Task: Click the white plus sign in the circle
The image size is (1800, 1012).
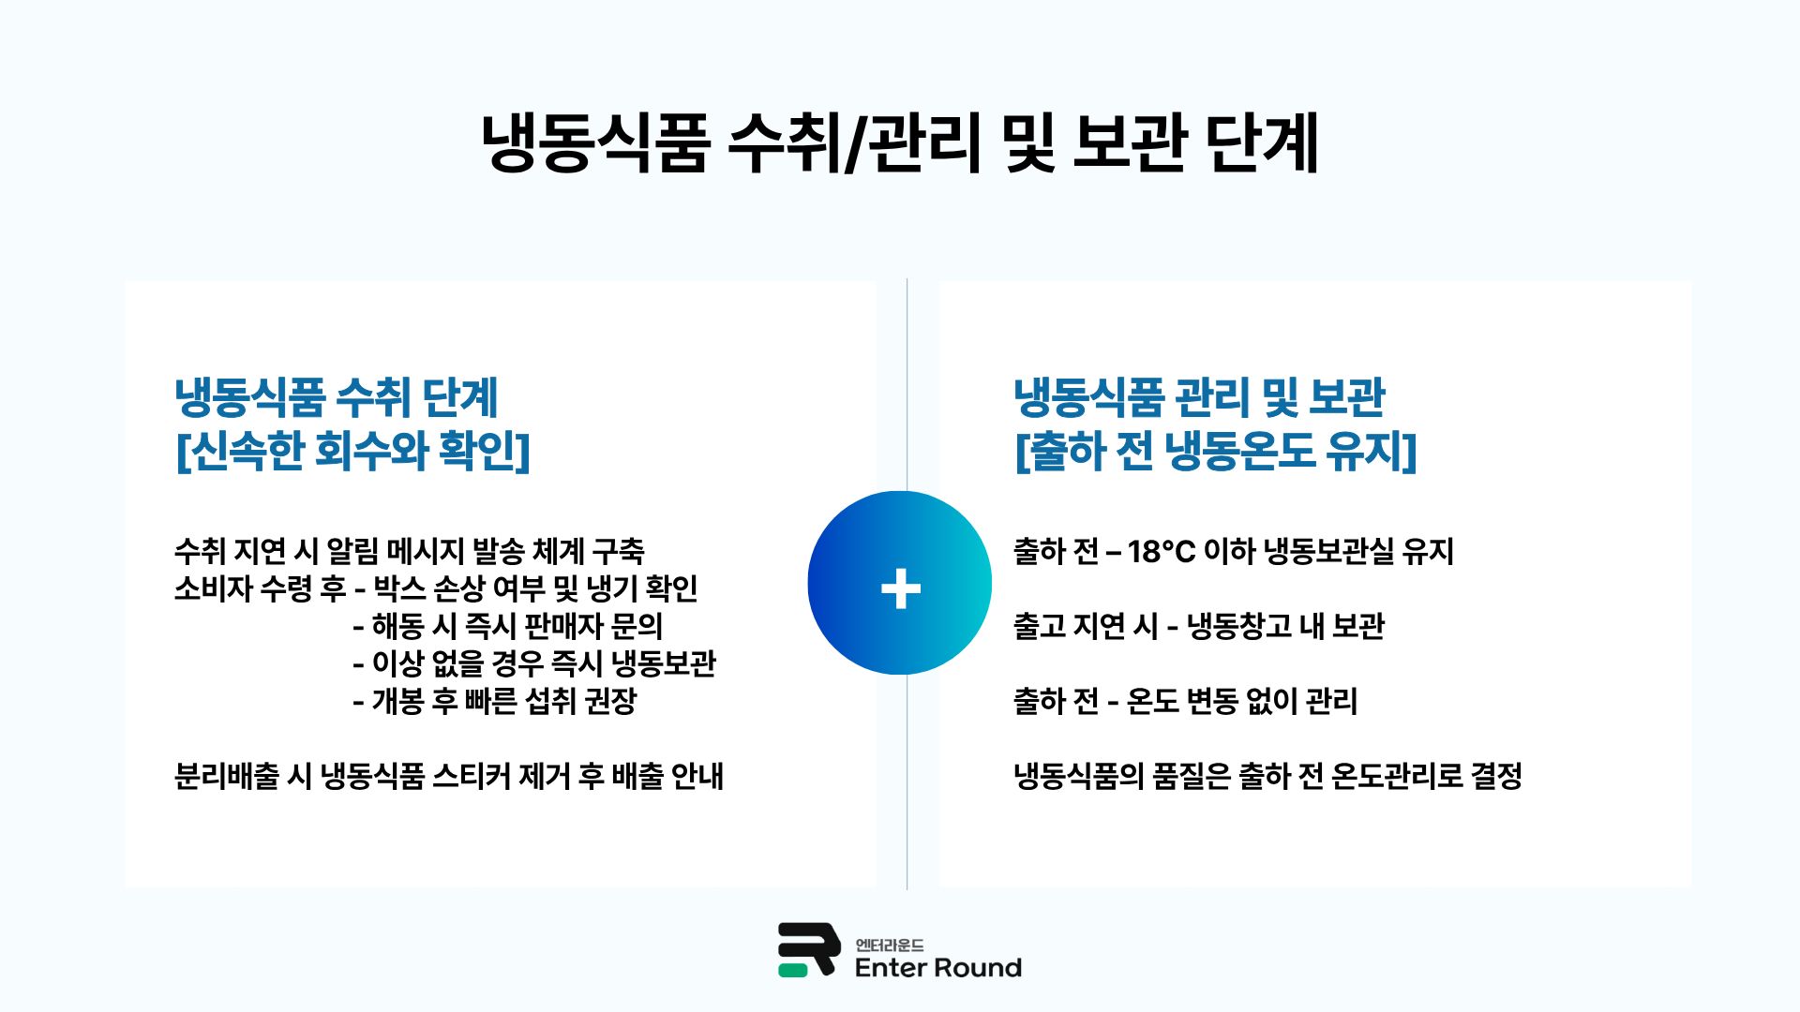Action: (x=900, y=588)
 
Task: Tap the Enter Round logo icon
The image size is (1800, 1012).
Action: (x=807, y=949)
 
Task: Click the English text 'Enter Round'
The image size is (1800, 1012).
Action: (x=937, y=968)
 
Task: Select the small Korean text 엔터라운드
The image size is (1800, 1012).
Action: (x=889, y=945)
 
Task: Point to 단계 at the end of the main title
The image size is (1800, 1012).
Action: (x=1262, y=143)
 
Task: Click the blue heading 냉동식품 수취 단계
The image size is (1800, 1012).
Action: (x=336, y=397)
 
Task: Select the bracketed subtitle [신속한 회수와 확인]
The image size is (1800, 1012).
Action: (x=352, y=451)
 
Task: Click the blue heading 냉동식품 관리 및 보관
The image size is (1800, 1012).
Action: (x=1199, y=397)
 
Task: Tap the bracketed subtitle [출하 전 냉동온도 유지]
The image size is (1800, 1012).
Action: (x=1215, y=451)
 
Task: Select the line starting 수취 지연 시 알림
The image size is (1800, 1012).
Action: (x=409, y=551)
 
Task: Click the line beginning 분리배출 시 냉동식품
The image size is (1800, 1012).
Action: (x=448, y=776)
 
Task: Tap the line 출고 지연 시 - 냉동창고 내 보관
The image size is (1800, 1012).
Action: (x=1198, y=626)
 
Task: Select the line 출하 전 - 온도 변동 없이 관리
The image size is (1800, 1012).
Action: (x=1185, y=701)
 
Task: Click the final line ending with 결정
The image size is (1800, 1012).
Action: (x=1267, y=776)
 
